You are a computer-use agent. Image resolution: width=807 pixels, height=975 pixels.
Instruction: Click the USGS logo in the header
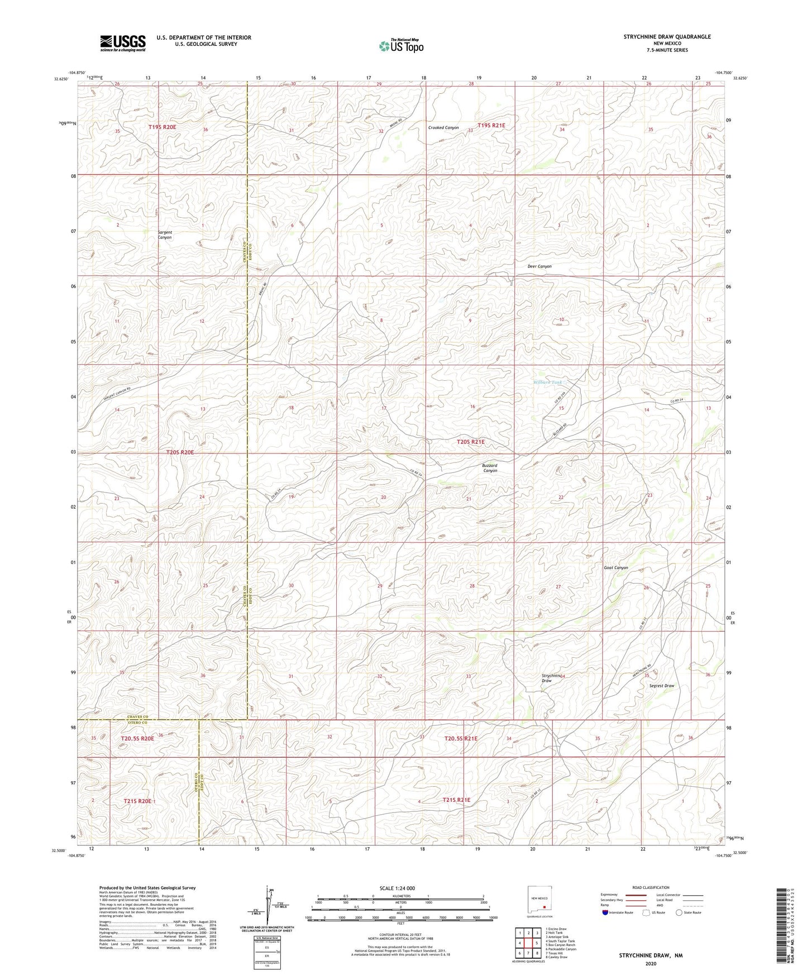[123, 43]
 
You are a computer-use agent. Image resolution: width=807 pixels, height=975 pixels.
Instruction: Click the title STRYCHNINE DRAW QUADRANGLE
[667, 37]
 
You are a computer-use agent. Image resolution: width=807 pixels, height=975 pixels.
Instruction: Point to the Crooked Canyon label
[443, 128]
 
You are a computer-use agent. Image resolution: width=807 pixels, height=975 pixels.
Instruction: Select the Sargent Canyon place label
[165, 235]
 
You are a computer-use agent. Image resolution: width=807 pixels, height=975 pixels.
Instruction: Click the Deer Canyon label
[539, 266]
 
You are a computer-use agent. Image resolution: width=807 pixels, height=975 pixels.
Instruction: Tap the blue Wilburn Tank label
[547, 383]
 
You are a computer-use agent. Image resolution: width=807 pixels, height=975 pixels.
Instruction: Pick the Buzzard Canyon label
[490, 468]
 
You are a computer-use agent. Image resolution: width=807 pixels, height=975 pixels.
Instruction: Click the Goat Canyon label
[616, 568]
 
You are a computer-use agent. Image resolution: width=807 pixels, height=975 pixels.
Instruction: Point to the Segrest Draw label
[662, 686]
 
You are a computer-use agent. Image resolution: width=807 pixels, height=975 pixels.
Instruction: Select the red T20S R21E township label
[471, 442]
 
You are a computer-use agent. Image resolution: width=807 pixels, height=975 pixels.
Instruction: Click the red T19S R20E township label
[162, 127]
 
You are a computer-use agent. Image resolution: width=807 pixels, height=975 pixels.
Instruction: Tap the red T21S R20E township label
[137, 801]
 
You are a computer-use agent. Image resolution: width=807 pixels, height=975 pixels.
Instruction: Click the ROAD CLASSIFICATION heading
[651, 887]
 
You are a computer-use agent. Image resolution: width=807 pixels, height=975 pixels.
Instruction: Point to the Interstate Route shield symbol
[605, 912]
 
